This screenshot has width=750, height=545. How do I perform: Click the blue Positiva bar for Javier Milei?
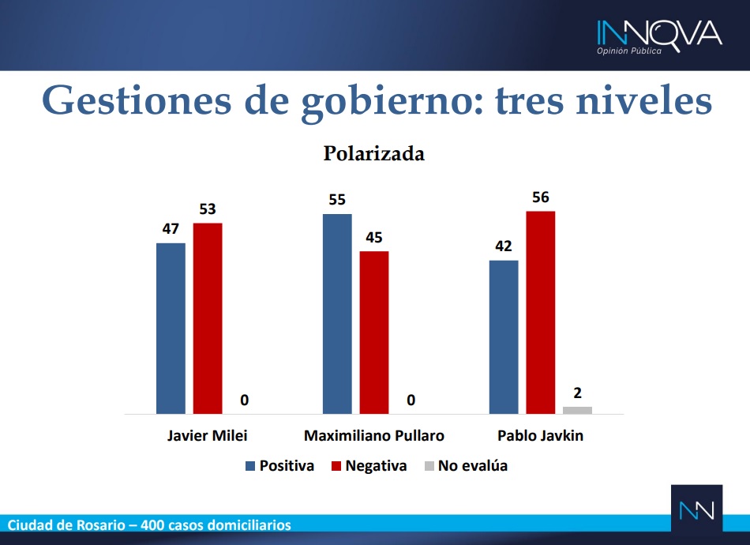171,329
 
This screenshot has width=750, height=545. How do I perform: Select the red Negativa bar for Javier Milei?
208,318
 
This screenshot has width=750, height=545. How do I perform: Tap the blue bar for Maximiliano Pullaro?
337,314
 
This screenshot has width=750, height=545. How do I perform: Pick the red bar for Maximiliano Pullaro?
374,333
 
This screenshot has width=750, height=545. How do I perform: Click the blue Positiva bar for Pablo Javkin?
504,337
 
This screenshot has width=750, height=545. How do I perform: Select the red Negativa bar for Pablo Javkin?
541,313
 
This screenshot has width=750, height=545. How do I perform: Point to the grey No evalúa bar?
577,410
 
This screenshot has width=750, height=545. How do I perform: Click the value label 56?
541,197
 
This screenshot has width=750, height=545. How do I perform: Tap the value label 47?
171,229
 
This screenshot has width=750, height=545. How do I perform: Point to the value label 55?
337,200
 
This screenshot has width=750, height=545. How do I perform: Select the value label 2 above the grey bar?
577,393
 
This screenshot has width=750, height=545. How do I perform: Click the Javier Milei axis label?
207,435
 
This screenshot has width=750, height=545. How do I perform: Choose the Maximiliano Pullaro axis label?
374,435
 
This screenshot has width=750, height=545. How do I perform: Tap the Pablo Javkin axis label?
541,435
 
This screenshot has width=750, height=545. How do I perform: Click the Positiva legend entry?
279,465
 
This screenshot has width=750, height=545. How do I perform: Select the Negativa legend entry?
369,465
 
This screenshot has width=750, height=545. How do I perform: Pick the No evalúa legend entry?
466,465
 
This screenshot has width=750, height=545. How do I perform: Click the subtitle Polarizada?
374,153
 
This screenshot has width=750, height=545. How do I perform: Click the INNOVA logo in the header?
659,37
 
